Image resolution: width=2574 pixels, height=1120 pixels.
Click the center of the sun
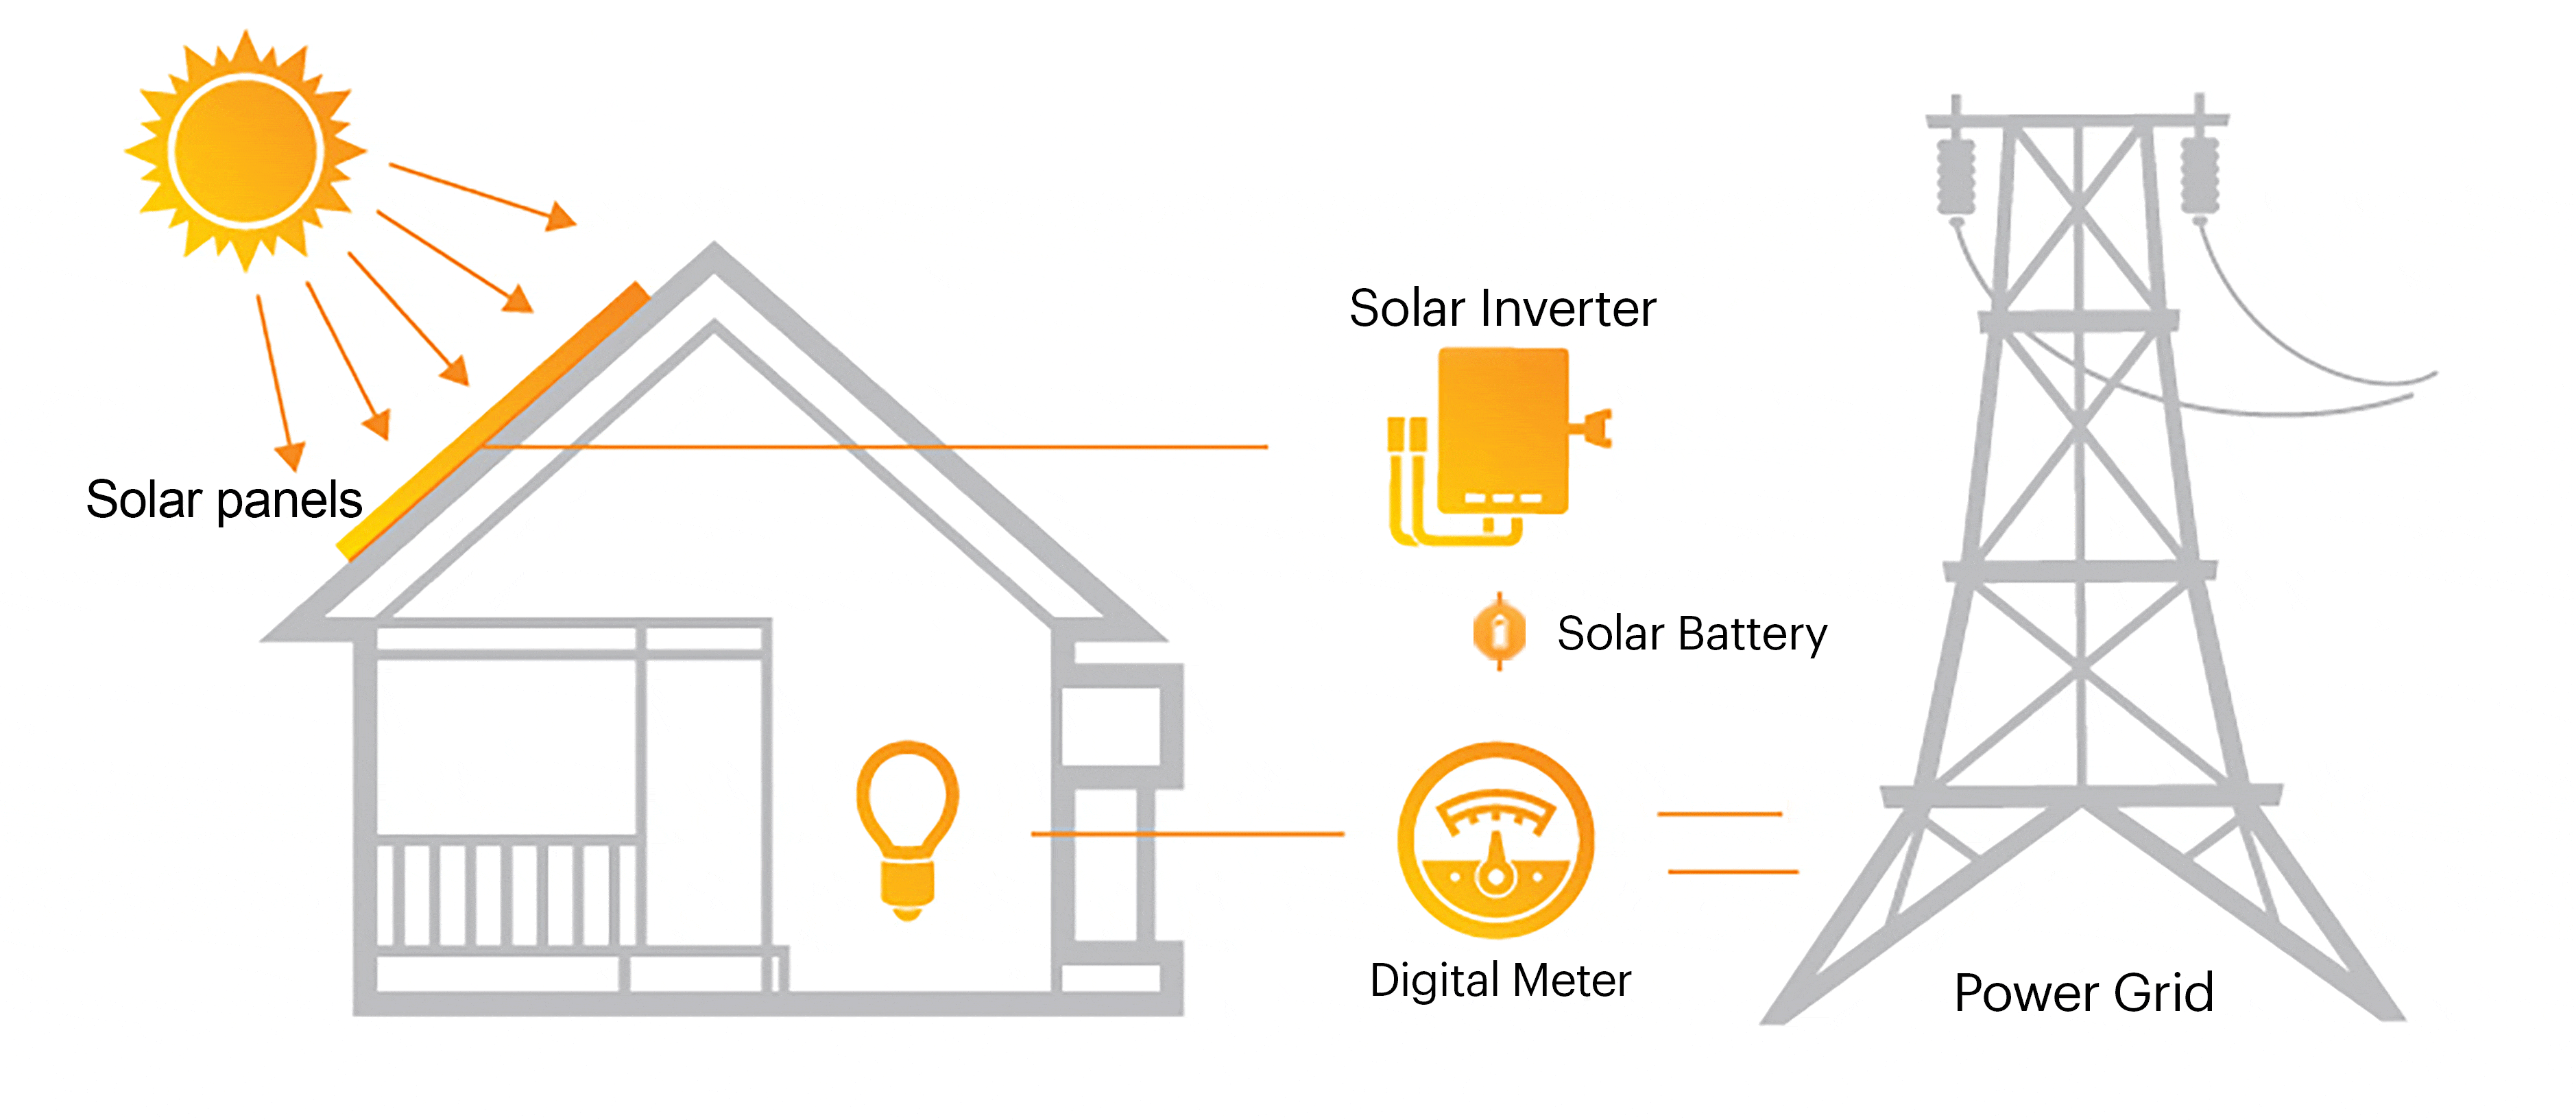245,152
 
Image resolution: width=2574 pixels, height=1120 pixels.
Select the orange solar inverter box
1502,429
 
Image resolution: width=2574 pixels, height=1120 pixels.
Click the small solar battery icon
1499,632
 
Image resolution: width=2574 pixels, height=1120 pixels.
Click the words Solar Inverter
1502,308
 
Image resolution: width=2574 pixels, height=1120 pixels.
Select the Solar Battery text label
1691,634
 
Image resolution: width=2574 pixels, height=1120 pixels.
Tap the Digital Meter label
1500,980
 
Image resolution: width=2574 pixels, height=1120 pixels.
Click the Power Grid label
2083,992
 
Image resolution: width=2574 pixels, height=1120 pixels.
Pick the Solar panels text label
224,499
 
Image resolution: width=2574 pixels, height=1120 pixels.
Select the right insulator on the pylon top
2200,175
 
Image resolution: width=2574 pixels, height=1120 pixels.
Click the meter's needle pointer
1496,859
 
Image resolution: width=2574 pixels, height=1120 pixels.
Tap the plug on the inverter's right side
1593,427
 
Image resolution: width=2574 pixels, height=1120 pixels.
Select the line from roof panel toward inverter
879,446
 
